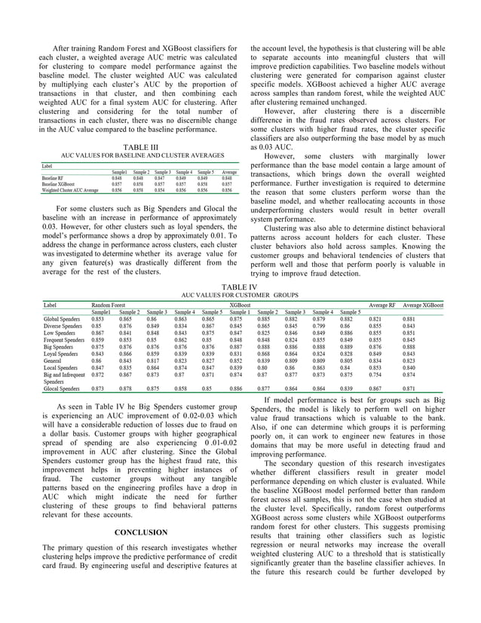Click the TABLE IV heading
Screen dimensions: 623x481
(x=240, y=287)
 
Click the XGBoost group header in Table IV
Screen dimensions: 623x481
(x=243, y=304)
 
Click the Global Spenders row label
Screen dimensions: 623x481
(x=63, y=318)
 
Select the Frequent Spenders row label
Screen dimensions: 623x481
(x=66, y=339)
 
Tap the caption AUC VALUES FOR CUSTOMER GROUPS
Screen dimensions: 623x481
(x=240, y=294)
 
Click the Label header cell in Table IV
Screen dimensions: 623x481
(x=51, y=304)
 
